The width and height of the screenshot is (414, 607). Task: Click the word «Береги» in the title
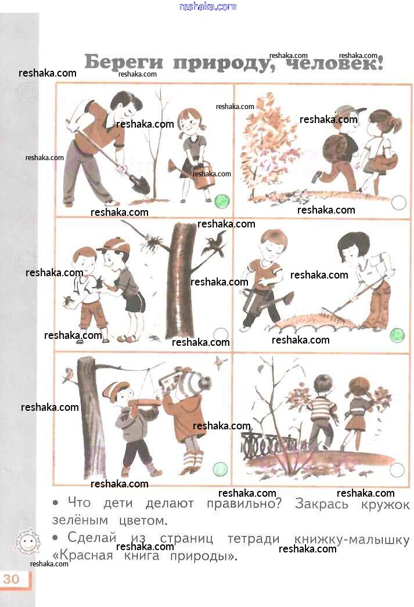tap(124, 62)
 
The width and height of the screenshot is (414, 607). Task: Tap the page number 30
tap(11, 579)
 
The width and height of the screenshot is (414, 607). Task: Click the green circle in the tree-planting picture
tap(222, 201)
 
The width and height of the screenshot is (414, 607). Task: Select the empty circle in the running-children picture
tap(398, 203)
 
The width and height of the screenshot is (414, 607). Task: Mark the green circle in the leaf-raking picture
tap(397, 335)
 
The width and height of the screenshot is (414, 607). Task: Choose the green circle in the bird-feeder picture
tap(220, 469)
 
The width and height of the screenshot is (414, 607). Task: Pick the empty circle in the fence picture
tap(397, 470)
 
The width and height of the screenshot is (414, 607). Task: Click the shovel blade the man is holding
tap(140, 183)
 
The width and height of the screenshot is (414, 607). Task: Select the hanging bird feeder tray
tap(146, 403)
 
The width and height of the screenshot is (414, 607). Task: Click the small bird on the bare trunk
tap(69, 375)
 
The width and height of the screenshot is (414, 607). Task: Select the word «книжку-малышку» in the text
tap(352, 539)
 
